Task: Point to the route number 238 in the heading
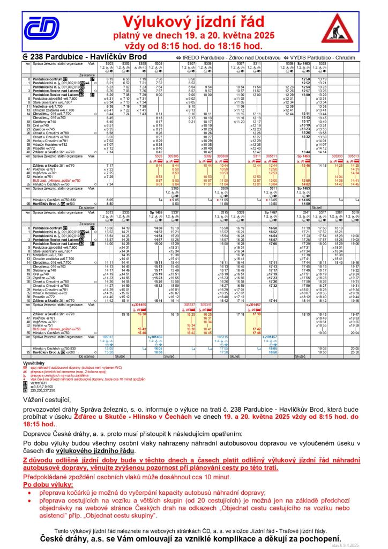37,56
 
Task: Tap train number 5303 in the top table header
110,63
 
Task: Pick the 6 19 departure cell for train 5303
110,79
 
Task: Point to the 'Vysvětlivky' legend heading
33,363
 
